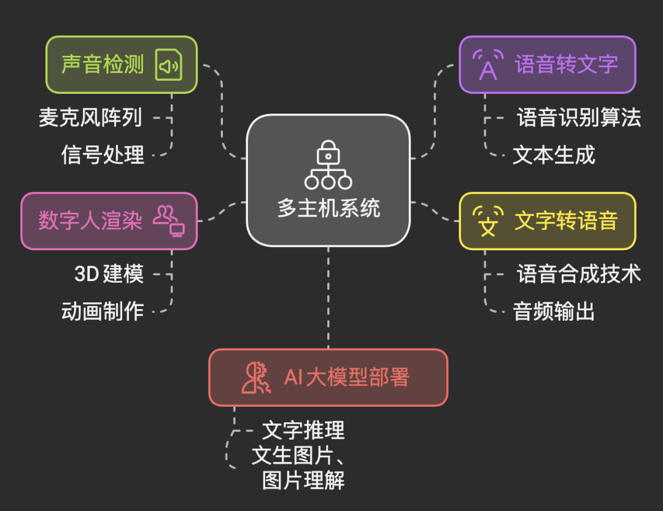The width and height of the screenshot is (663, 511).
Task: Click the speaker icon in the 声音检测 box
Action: point(169,65)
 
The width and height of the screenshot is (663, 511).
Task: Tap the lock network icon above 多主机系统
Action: point(328,164)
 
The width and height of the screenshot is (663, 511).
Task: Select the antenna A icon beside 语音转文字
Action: point(487,64)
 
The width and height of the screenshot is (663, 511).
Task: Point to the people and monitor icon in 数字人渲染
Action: point(169,221)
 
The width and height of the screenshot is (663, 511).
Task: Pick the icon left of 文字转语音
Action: point(488,221)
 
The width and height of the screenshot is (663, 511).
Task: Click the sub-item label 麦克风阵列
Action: point(91,117)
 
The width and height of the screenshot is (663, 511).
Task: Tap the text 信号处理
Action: point(103,154)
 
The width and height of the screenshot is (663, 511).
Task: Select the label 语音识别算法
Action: point(579,117)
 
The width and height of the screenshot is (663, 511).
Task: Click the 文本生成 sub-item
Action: point(554,155)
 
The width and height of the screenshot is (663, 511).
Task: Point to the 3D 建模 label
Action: point(109,274)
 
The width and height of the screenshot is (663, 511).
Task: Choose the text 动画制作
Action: point(103,311)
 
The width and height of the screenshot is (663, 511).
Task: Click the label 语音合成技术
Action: point(579,274)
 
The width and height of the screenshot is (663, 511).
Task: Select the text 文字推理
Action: point(303,430)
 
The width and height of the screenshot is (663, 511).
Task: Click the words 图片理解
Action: point(303,480)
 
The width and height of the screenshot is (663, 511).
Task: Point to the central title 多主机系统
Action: point(328,209)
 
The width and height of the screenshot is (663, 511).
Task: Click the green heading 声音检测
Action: point(103,64)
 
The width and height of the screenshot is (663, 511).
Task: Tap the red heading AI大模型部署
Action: point(346,377)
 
